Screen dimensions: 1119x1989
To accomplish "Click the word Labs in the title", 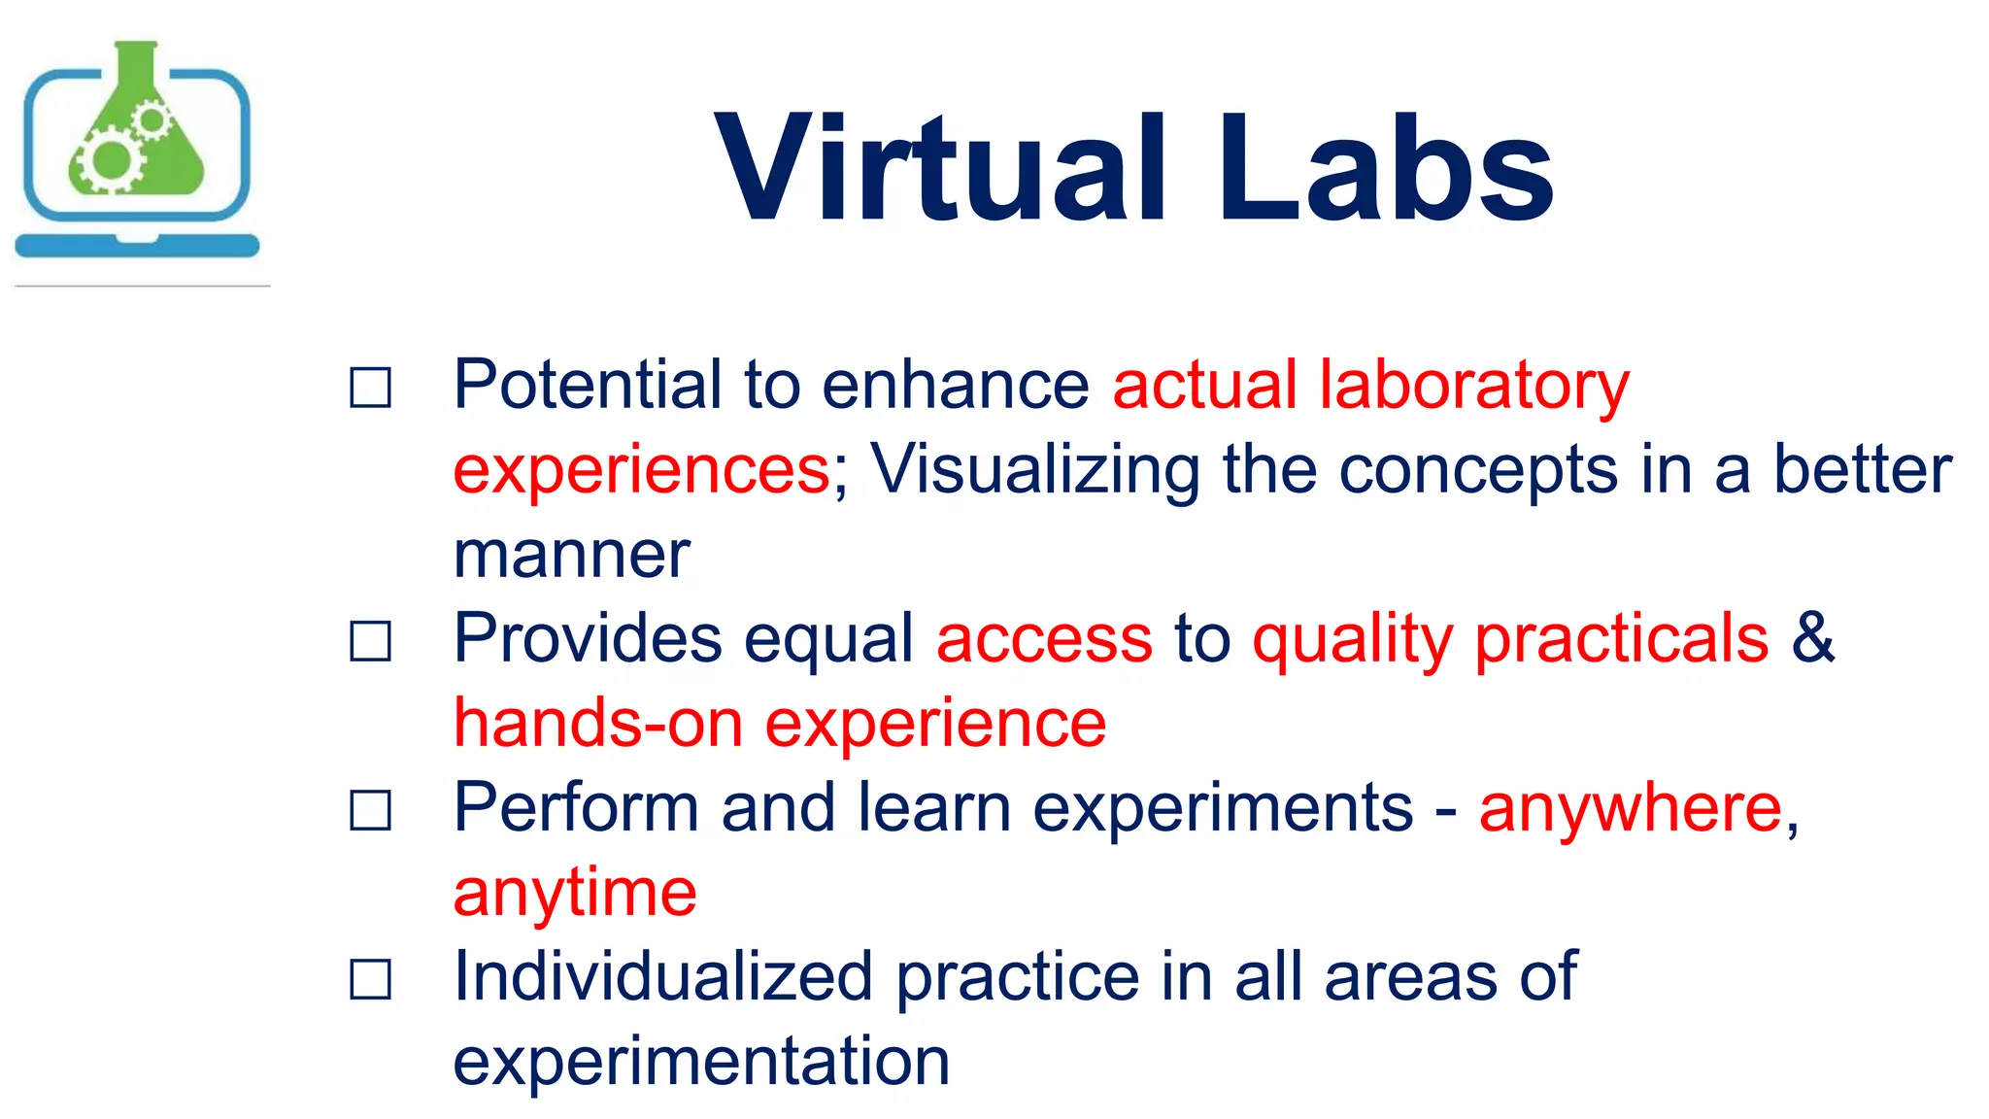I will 1385,170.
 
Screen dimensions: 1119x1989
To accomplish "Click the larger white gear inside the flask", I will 110,161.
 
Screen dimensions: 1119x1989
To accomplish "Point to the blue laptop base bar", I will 137,246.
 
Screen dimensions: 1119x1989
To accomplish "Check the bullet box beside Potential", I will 370,388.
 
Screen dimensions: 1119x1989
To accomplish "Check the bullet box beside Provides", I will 370,641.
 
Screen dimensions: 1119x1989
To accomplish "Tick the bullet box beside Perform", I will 370,810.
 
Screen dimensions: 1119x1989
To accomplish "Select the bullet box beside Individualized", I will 370,979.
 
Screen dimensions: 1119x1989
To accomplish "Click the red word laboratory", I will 1473,386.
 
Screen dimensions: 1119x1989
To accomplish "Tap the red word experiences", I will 641,471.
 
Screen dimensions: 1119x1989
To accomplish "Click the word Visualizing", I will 1034,471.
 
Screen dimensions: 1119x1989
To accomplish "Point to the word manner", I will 571,556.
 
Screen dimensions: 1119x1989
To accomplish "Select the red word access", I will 1044,641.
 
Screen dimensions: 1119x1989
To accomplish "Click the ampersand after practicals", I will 1812,638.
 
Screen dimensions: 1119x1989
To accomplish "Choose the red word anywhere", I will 1630,809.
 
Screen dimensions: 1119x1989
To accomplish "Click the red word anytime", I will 575,894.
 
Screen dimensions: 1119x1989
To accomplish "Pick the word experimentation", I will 701,1062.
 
